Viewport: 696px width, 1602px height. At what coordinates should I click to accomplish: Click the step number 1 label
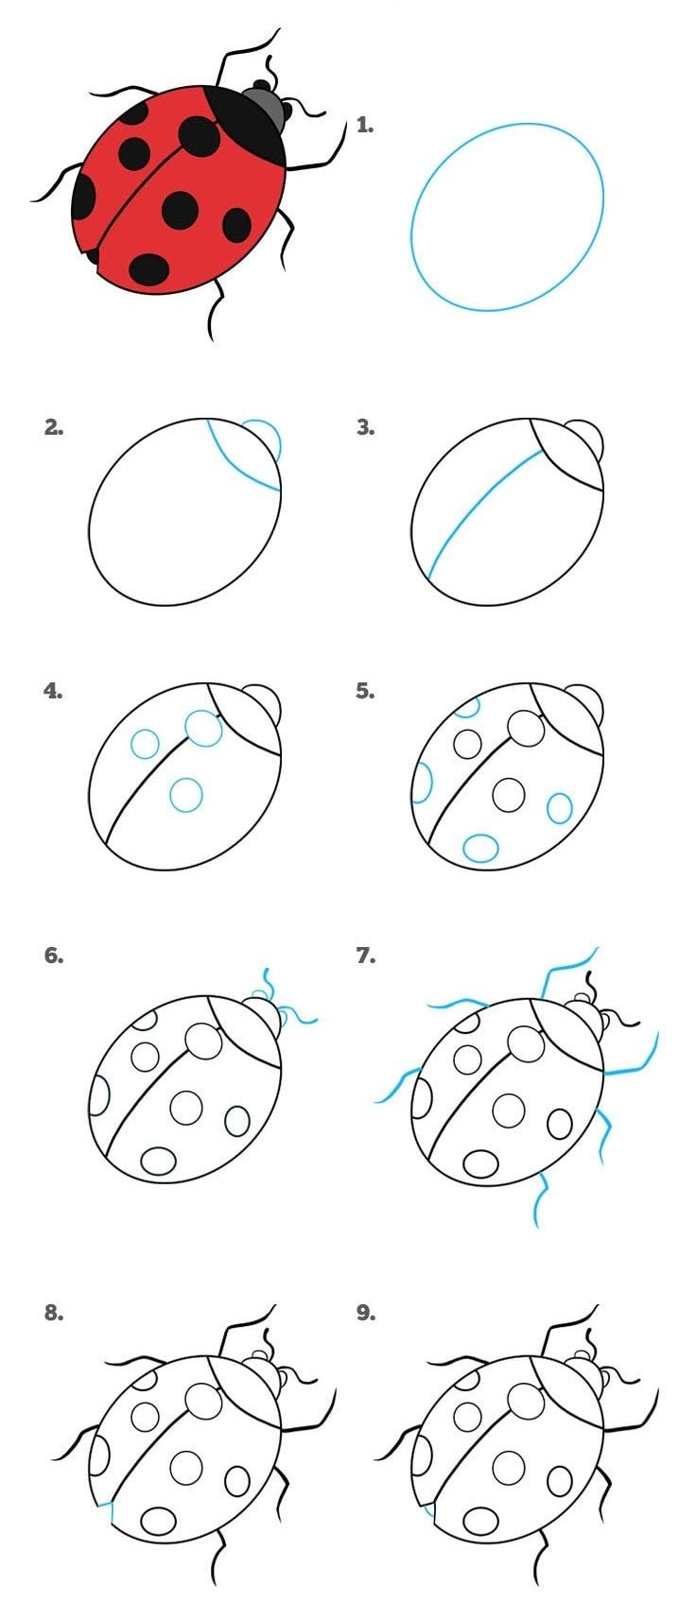coord(365,126)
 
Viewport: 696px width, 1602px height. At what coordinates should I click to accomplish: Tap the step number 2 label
coord(54,428)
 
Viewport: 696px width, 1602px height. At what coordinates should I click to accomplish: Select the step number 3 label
coord(366,428)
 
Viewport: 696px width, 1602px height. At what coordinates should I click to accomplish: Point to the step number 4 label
coord(53,691)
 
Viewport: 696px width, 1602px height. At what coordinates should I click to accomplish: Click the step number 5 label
coord(366,691)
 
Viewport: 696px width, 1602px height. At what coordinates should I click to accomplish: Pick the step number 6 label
coord(54,956)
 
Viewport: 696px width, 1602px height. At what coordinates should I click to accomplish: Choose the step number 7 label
coord(366,956)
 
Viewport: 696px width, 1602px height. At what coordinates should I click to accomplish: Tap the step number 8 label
coord(54,1313)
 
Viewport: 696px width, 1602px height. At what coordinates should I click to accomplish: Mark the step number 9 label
coord(366,1313)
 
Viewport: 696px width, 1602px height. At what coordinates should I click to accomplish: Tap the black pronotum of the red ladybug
coord(247,125)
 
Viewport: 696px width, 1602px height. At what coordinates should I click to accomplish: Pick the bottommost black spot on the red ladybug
coord(149,270)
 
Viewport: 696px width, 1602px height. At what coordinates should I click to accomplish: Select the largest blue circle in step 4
coord(204,728)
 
